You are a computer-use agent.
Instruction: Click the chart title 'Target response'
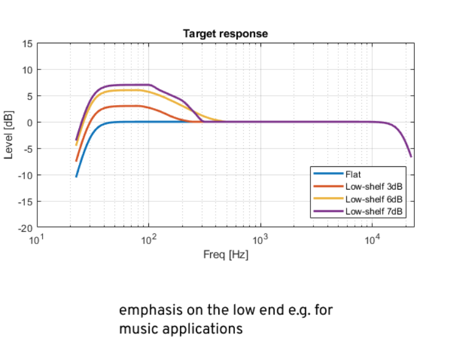coord(225,34)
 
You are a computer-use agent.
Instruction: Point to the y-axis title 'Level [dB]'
coord(9,135)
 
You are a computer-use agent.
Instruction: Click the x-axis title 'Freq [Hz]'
coord(225,255)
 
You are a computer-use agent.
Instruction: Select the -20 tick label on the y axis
coord(26,228)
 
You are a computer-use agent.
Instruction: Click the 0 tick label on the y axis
coord(30,122)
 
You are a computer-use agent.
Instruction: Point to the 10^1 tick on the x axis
coord(37,239)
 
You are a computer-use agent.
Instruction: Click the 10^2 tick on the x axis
coord(148,239)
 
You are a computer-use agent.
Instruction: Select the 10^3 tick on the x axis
coord(260,239)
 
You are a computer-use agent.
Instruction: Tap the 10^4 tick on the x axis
coord(372,239)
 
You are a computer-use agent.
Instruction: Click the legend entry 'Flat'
coord(353,175)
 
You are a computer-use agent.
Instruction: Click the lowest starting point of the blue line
coord(76,176)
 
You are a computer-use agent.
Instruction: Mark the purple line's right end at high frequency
coord(411,157)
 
